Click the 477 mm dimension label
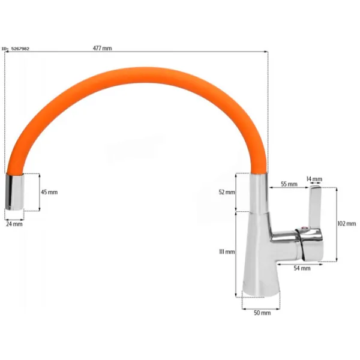click(103, 48)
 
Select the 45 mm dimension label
click(49, 192)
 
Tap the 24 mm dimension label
click(14, 224)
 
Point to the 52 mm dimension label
click(227, 192)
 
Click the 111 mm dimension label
click(227, 252)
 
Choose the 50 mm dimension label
click(262, 313)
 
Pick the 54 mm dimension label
click(302, 268)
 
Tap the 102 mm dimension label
click(347, 223)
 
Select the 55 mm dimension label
click(289, 184)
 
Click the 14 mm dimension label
click(314, 179)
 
